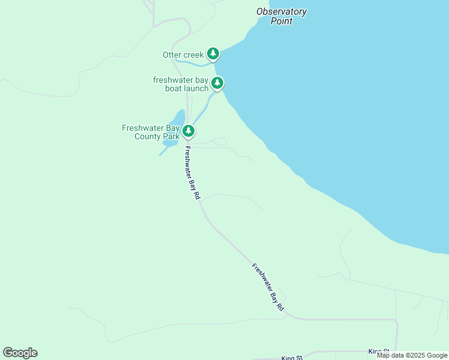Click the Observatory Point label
point(281,16)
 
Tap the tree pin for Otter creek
point(212,54)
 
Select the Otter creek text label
point(183,55)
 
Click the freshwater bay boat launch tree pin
point(217,83)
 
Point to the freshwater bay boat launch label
point(181,84)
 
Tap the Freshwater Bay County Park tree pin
point(188,131)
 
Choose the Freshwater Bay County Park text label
point(151,132)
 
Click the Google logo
point(20,353)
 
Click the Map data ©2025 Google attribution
point(412,355)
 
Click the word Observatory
point(281,11)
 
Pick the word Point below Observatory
point(281,21)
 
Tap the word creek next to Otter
point(194,55)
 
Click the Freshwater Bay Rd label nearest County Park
point(191,173)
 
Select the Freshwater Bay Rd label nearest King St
point(268,287)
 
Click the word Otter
point(172,55)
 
